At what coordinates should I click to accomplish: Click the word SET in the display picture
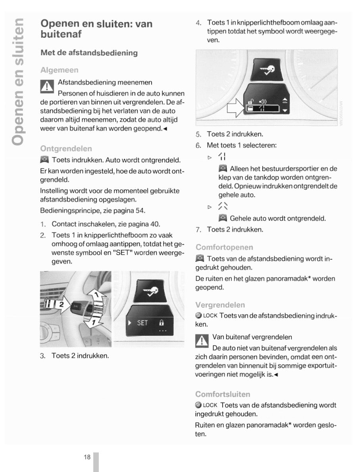(x=142, y=323)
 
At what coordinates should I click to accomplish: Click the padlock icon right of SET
(x=162, y=323)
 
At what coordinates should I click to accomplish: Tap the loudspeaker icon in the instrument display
(x=263, y=102)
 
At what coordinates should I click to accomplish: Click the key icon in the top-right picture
(x=266, y=70)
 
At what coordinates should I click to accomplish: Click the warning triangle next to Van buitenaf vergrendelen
(x=202, y=341)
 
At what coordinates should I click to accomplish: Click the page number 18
(x=87, y=457)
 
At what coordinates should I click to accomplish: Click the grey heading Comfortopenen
(x=224, y=248)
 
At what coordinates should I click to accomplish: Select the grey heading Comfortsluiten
(x=223, y=394)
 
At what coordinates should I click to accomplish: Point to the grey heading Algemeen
(x=60, y=70)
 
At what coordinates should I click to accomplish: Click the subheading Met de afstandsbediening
(x=89, y=52)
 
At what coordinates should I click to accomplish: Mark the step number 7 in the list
(x=198, y=229)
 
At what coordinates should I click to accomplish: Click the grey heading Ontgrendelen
(x=66, y=149)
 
